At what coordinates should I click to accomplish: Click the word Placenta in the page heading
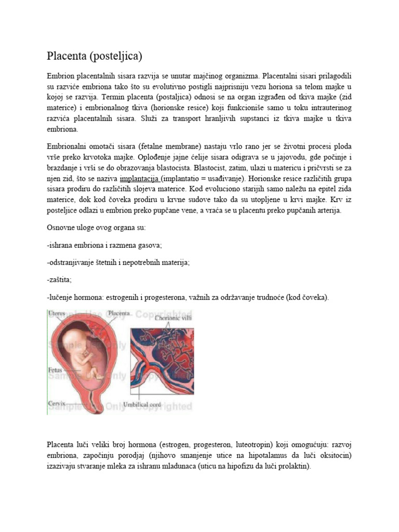point(66,55)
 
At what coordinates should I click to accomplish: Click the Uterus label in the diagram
point(57,313)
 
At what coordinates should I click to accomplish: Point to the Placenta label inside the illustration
point(119,313)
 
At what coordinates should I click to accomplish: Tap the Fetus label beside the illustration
point(55,370)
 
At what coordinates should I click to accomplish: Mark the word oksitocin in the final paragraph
point(335,456)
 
